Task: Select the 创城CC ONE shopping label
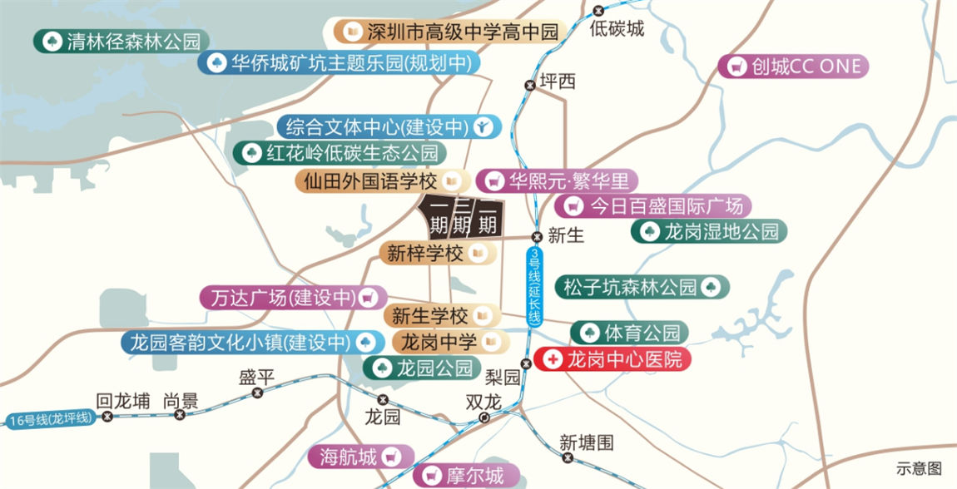[794, 67]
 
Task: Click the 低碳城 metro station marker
[599, 11]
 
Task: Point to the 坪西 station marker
[529, 84]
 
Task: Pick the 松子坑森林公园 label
[642, 288]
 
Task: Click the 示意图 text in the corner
[920, 469]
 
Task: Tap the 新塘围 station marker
[568, 457]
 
